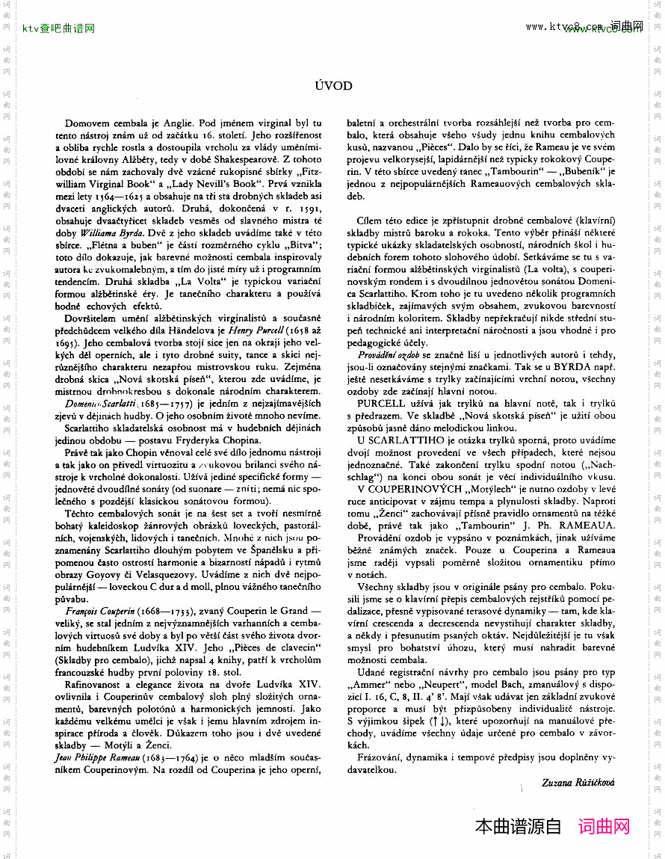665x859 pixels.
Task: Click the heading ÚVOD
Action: [333, 86]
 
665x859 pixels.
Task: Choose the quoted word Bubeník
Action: [563, 171]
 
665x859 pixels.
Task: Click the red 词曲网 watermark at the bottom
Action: [604, 827]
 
